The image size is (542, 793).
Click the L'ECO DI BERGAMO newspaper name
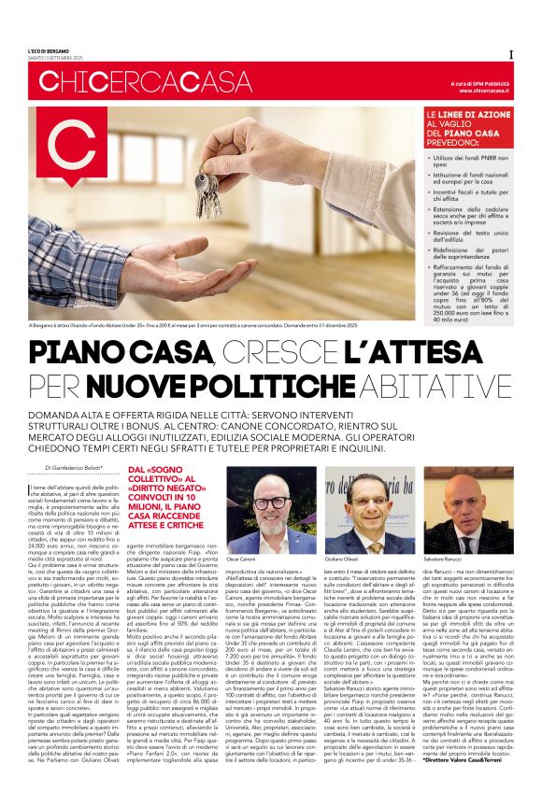pyautogui.click(x=49, y=50)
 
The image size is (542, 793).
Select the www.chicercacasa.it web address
pyautogui.click(x=485, y=92)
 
